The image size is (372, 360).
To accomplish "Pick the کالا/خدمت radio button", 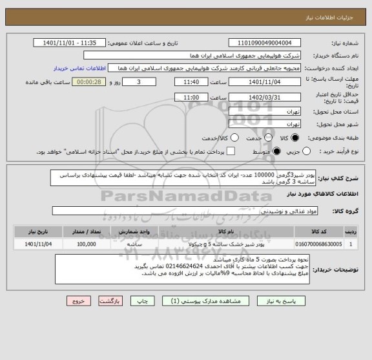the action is [x=234, y=137].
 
